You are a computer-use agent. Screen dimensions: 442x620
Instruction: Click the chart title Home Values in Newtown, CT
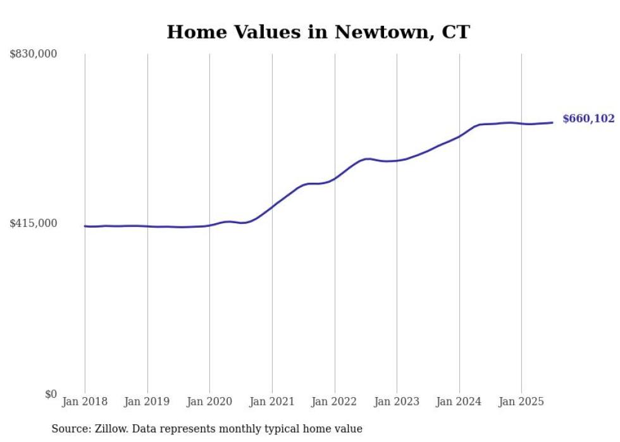coord(318,32)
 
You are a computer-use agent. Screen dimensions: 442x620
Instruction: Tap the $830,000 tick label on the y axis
coord(34,54)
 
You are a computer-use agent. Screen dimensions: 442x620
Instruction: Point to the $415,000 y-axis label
coord(34,223)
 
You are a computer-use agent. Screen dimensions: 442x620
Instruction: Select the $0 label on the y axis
coord(51,394)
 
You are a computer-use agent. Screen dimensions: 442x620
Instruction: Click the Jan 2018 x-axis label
coord(85,402)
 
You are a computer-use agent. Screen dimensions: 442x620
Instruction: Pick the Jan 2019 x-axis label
coord(147,402)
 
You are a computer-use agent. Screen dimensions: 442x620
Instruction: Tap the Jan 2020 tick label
coord(209,402)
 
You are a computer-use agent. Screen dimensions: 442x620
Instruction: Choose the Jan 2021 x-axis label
coord(272,402)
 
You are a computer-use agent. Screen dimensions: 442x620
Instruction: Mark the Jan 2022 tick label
coord(335,402)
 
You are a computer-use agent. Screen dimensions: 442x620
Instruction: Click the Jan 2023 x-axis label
coord(397,402)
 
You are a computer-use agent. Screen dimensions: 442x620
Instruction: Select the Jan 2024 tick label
coord(459,402)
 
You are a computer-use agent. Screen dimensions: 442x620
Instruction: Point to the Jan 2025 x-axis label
coord(521,402)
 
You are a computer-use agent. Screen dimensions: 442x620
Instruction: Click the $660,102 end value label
coord(588,119)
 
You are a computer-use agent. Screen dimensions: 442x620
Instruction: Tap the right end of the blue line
coord(552,123)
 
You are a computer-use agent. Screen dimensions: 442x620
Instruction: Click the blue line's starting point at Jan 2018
coord(85,226)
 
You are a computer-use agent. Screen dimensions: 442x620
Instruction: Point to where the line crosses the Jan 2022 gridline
coord(335,178)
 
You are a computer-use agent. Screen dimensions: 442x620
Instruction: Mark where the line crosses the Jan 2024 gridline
coord(459,136)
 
